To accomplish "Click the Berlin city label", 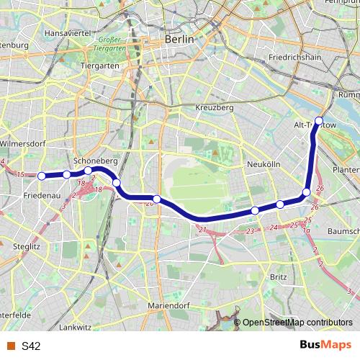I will (x=179, y=40).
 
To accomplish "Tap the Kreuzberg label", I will (x=215, y=107).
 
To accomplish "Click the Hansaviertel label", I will (x=66, y=34).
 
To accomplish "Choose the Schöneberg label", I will (x=91, y=161).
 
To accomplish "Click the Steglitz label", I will (x=24, y=246).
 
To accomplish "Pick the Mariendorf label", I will (x=167, y=305).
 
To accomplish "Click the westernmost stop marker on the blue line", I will (x=42, y=176).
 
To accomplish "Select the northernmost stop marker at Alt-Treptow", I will (x=319, y=121).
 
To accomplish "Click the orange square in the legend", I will (x=10, y=346).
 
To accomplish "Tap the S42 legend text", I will (x=31, y=346).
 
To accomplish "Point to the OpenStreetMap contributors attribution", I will (x=297, y=323).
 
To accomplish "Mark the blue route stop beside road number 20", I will (x=156, y=198).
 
